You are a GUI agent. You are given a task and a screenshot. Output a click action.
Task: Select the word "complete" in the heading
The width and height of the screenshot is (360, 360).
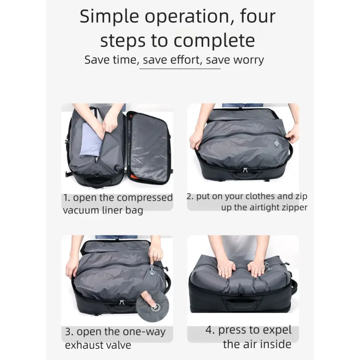[x=214, y=40]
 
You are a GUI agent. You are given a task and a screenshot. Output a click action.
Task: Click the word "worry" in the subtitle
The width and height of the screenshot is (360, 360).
[x=249, y=60]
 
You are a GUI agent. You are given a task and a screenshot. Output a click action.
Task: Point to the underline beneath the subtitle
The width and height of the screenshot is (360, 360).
[x=180, y=69]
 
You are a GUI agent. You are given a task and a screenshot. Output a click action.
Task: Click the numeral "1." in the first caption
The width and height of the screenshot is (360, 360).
[x=67, y=198]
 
